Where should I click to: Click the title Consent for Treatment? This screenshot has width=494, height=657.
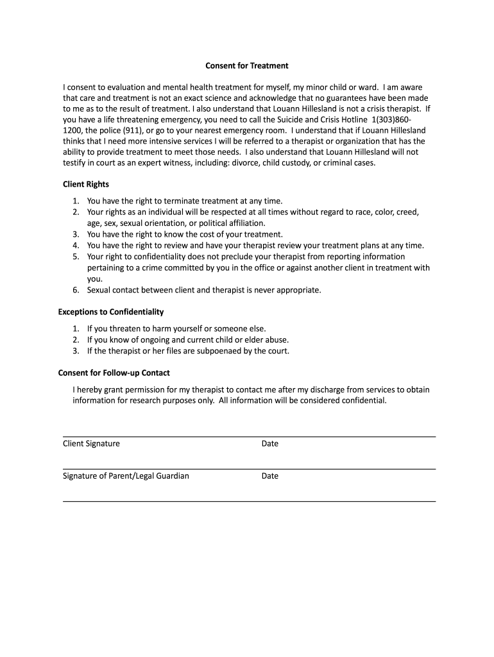click(246, 65)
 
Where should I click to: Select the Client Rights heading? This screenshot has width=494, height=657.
click(85, 184)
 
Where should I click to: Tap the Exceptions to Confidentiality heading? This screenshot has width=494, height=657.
click(111, 312)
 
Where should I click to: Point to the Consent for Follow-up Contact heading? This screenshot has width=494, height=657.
click(114, 373)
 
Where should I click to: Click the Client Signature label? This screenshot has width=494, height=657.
click(91, 443)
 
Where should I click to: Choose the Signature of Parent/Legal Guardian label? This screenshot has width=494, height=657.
click(126, 476)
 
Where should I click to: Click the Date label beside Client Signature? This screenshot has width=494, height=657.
click(270, 443)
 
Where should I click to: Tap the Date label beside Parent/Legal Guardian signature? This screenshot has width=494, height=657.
click(270, 476)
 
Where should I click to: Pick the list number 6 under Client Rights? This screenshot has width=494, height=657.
click(75, 290)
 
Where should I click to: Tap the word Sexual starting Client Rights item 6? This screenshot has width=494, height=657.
click(99, 290)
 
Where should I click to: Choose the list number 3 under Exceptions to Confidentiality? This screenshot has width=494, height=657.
click(75, 351)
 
